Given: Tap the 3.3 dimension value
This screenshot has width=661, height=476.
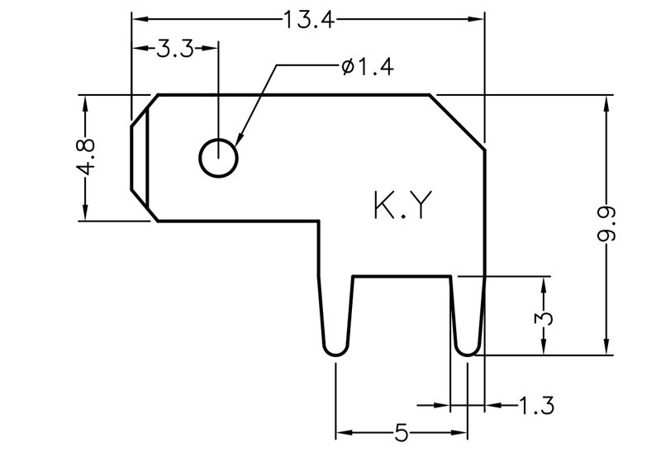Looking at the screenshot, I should pyautogui.click(x=174, y=49).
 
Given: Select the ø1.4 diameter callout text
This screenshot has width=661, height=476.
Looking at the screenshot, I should pyautogui.click(x=366, y=67).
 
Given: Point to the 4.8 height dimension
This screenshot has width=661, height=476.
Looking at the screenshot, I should pyautogui.click(x=85, y=156).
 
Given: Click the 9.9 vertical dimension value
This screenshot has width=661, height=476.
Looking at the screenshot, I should pyautogui.click(x=609, y=225).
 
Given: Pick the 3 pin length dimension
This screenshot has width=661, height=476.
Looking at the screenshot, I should pyautogui.click(x=543, y=317).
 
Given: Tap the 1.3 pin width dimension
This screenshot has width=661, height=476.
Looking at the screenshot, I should pyautogui.click(x=536, y=406).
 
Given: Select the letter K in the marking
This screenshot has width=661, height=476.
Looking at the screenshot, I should pyautogui.click(x=386, y=207).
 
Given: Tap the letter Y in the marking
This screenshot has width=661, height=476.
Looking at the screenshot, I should pyautogui.click(x=420, y=207).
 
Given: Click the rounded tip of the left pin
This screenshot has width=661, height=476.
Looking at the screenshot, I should pyautogui.click(x=334, y=350).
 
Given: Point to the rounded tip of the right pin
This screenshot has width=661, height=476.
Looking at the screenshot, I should pyautogui.click(x=467, y=351).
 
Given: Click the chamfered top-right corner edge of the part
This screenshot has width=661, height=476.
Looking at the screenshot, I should pyautogui.click(x=457, y=122).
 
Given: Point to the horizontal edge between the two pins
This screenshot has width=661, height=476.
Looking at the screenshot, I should pyautogui.click(x=402, y=276).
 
